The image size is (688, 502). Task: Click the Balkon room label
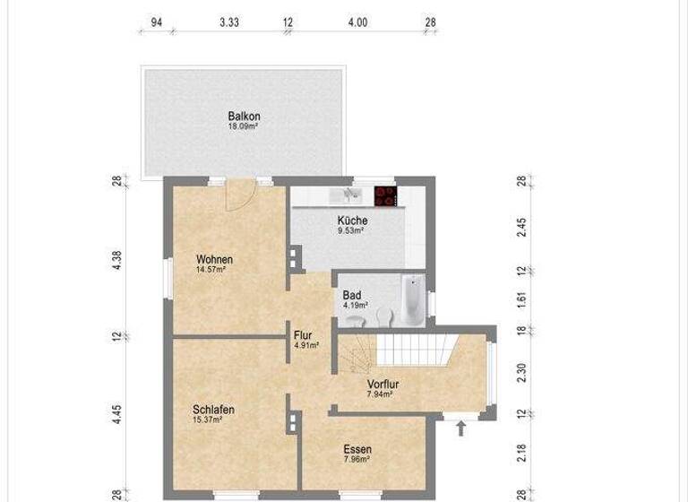tap(244, 117)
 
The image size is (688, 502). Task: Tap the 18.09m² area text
tap(243, 127)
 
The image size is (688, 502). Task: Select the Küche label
tap(352, 221)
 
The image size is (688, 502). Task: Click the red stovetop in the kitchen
tap(386, 196)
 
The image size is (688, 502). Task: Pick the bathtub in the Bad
tap(412, 300)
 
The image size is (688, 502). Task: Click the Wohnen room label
tap(214, 260)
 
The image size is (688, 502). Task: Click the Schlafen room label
tap(213, 410)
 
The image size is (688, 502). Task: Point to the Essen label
tap(357, 449)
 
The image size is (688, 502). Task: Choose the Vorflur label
tap(383, 385)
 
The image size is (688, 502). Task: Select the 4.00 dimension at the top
tap(357, 22)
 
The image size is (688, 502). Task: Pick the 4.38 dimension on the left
tap(116, 260)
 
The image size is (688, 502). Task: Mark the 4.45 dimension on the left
tap(116, 415)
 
